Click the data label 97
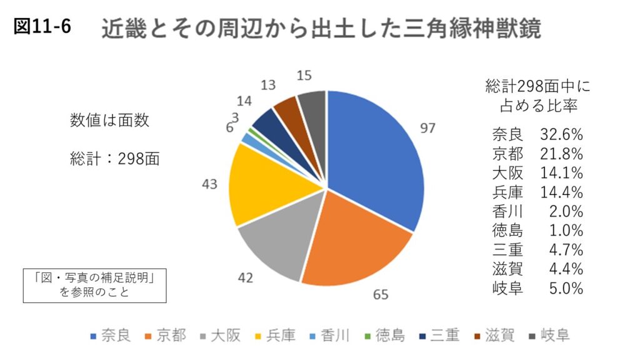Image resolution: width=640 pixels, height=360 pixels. pos(427,129)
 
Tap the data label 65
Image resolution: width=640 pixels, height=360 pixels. pos(380,293)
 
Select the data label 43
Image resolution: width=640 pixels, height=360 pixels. pos(210,184)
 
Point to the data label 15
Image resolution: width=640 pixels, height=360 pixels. pos(305,76)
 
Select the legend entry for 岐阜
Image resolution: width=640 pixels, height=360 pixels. pos(549,336)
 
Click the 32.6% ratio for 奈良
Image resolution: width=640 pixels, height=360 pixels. pos(564,134)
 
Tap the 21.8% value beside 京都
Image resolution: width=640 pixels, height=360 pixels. pos(564,154)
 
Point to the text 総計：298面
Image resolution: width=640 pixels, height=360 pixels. pos(115,158)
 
